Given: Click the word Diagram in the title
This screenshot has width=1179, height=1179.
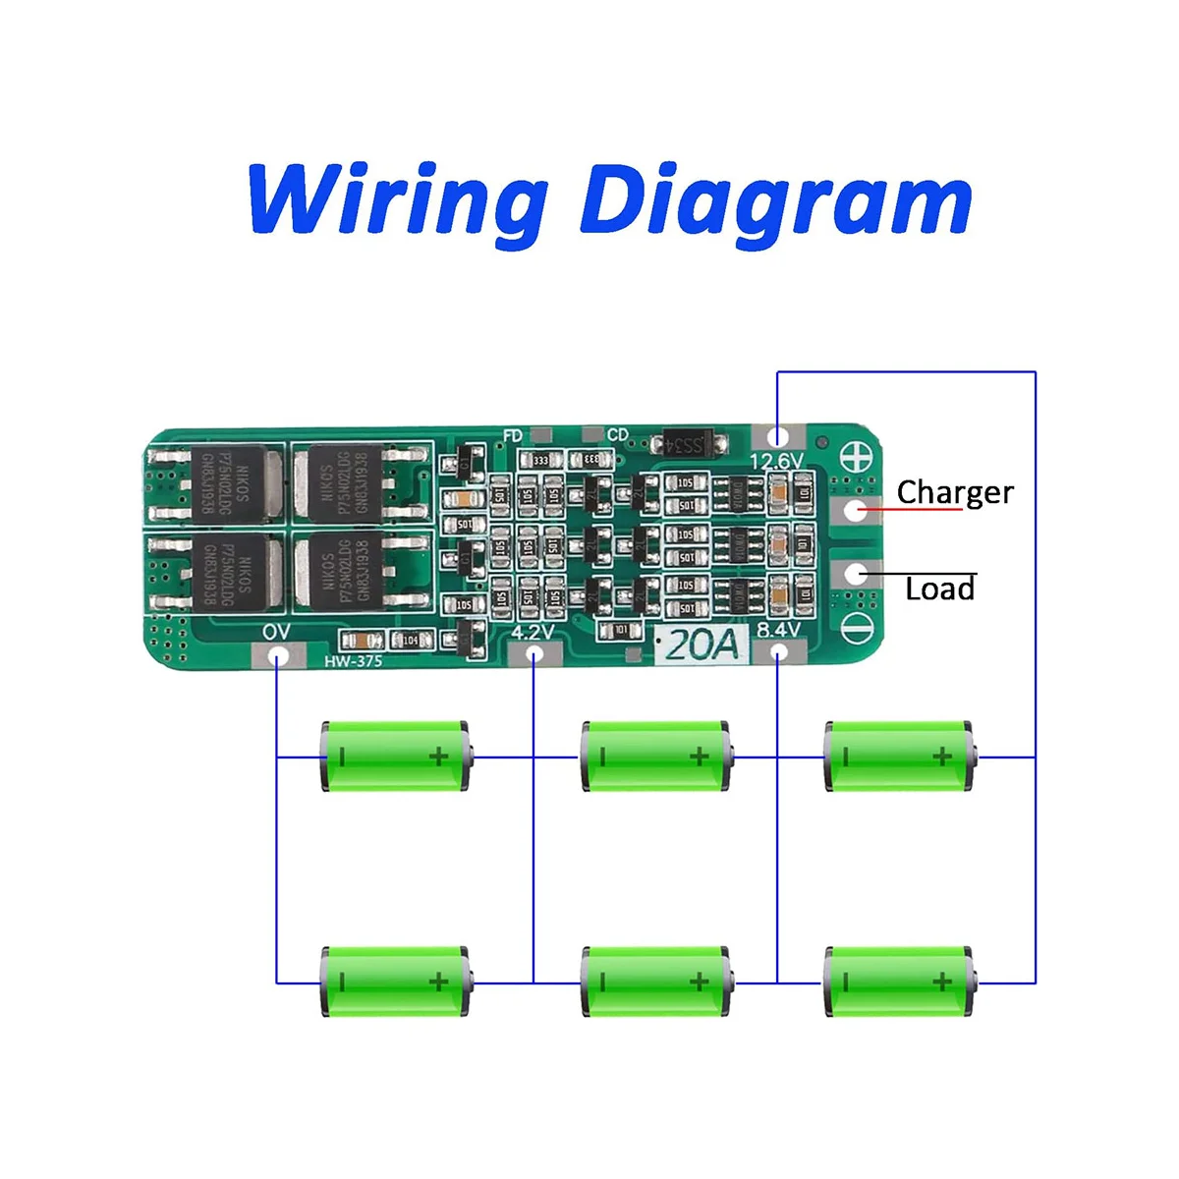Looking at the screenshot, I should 776,201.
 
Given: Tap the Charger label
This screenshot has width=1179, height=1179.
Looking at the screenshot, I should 954,492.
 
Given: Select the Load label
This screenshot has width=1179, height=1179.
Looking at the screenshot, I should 940,589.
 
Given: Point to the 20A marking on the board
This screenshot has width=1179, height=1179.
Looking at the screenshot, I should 702,645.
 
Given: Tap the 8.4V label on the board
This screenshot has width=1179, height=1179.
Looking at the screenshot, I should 778,630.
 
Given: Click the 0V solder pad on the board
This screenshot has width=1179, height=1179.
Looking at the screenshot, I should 278,653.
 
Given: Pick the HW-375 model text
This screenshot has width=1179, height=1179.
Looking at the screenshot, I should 354,661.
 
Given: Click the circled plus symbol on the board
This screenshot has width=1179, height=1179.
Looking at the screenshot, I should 856,456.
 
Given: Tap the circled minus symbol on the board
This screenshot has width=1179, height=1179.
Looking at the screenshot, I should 856,620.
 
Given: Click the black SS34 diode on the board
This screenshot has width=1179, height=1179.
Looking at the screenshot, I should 693,444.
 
